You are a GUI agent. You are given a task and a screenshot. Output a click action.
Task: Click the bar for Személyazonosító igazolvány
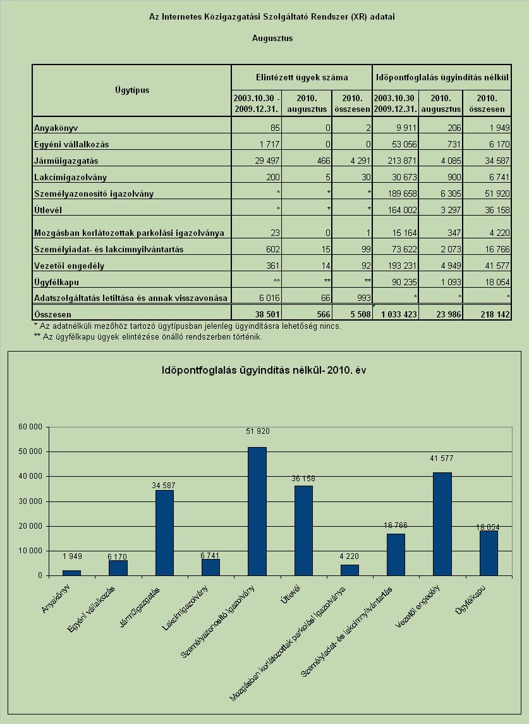pyautogui.click(x=257, y=511)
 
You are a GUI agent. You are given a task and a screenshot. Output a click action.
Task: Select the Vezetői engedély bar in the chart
pyautogui.click(x=442, y=524)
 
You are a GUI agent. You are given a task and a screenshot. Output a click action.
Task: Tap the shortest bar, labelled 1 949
pyautogui.click(x=71, y=573)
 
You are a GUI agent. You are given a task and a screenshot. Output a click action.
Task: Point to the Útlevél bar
pyautogui.click(x=303, y=531)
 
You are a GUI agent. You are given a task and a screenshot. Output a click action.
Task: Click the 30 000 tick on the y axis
pyautogui.click(x=30, y=501)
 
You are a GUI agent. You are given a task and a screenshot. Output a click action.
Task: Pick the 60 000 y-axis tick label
pyautogui.click(x=30, y=427)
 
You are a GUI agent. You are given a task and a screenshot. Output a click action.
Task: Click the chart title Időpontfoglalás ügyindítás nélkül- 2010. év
pyautogui.click(x=264, y=371)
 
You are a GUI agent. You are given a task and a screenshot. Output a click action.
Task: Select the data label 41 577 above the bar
pyautogui.click(x=441, y=458)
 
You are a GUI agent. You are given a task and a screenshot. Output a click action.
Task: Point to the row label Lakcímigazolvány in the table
pyautogui.click(x=70, y=177)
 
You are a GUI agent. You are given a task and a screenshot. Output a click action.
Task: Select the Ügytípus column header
pyautogui.click(x=132, y=90)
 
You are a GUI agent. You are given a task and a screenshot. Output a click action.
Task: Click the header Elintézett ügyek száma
pyautogui.click(x=302, y=77)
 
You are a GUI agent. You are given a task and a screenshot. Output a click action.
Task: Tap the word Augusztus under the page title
pyautogui.click(x=272, y=39)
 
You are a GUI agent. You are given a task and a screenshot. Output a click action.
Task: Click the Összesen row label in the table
pyautogui.click(x=52, y=314)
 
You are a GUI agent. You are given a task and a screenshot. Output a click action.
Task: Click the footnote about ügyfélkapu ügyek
pyautogui.click(x=148, y=336)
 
